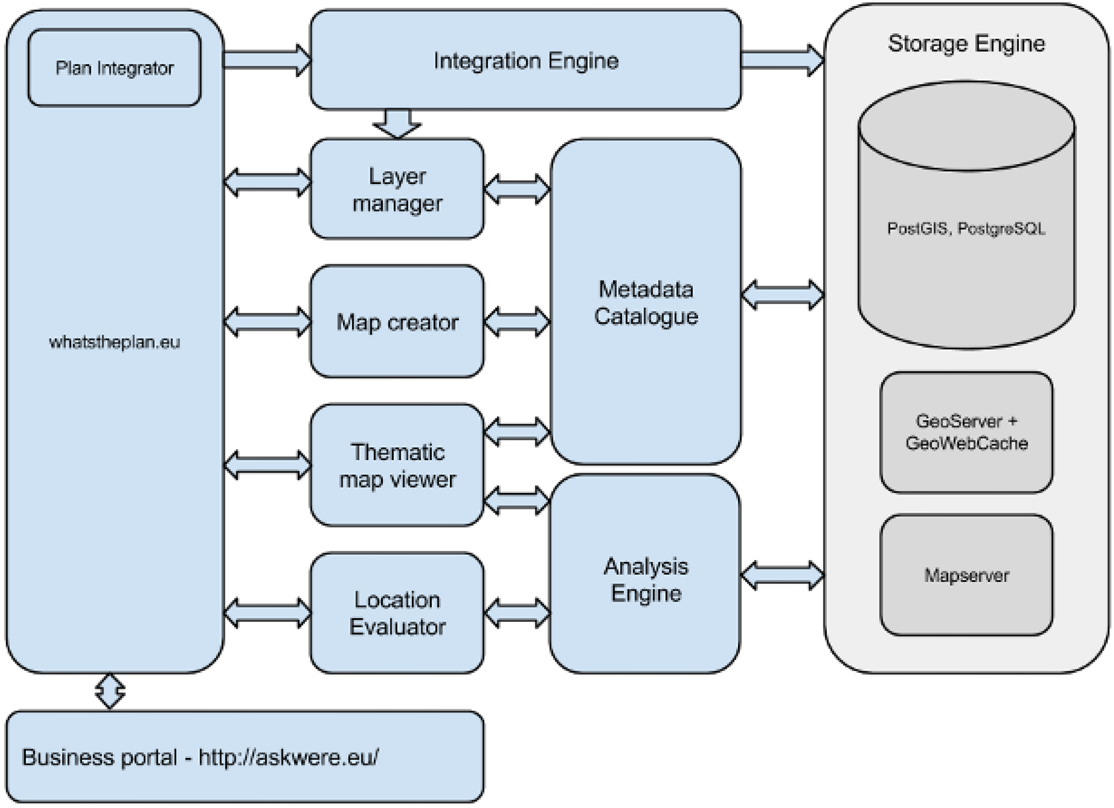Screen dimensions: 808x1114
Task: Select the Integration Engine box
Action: tap(525, 60)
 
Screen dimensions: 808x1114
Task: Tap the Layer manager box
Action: tap(397, 189)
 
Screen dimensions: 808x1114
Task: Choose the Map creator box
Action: tap(397, 322)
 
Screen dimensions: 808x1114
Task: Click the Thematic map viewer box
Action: tap(397, 465)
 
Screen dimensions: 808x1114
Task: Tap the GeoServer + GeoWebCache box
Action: tap(966, 432)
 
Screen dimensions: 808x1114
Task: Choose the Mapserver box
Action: tap(966, 575)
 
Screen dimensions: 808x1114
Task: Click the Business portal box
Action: tap(245, 757)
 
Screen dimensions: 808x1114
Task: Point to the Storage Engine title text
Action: tap(966, 43)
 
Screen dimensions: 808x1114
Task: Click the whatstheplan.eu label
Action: tap(115, 342)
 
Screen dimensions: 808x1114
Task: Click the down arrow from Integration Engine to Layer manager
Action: tap(397, 123)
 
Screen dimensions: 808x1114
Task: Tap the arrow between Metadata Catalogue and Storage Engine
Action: tap(782, 295)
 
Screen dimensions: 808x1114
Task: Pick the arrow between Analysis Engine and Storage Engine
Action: tap(782, 575)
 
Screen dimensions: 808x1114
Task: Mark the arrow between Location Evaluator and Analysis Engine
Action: tap(517, 613)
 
